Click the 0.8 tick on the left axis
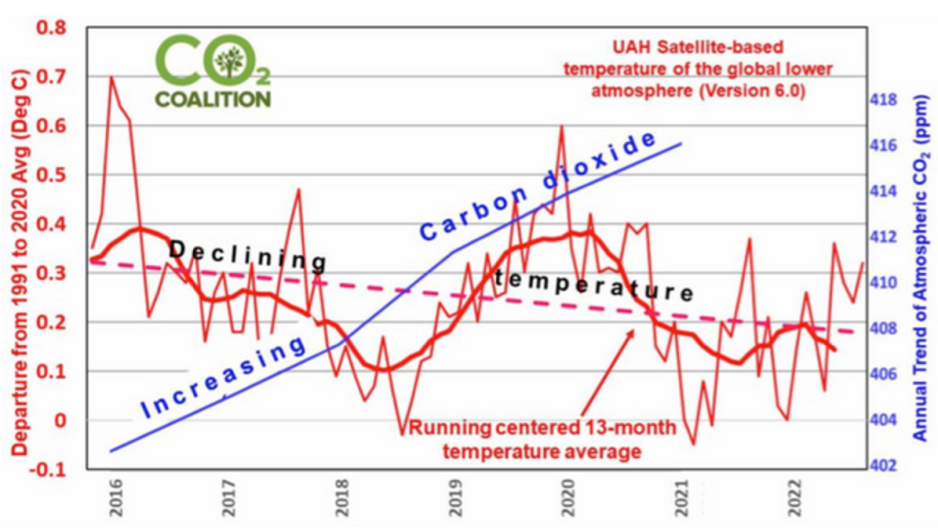click(x=52, y=28)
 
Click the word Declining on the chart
click(x=247, y=254)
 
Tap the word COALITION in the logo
click(x=213, y=99)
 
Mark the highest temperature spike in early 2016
click(x=112, y=79)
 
